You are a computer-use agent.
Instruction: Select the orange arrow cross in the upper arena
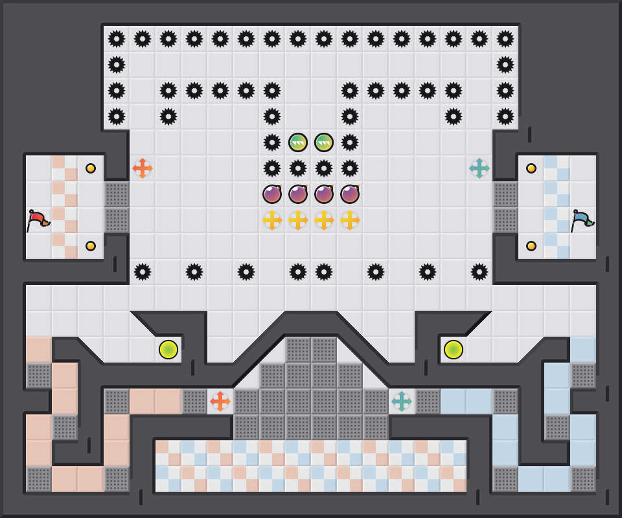(x=143, y=168)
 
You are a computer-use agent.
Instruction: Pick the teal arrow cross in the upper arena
(x=479, y=168)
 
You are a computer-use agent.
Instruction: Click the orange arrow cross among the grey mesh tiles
(x=220, y=401)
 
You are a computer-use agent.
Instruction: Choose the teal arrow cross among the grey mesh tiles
(x=402, y=401)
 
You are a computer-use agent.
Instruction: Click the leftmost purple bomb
(x=272, y=194)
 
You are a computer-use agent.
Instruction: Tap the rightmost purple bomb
(x=350, y=194)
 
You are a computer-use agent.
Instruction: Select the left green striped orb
(x=298, y=142)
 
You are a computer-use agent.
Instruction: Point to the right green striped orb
(x=324, y=142)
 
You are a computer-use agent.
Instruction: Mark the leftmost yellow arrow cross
(x=272, y=220)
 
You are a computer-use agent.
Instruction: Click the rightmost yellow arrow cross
(x=350, y=220)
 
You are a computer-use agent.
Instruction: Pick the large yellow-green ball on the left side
(x=168, y=350)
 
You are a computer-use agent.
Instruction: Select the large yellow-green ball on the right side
(x=454, y=350)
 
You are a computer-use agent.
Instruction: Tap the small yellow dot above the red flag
(x=91, y=168)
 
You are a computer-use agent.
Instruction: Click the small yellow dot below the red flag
(x=91, y=246)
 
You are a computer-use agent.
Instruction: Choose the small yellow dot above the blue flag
(x=531, y=168)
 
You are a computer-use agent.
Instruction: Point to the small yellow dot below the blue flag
(x=531, y=246)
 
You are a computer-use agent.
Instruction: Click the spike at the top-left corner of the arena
(x=117, y=39)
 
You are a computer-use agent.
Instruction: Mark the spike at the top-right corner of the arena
(x=505, y=39)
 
